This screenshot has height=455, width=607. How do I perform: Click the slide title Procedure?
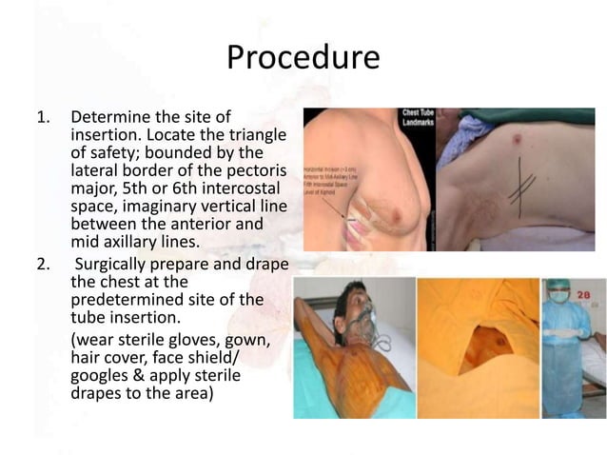point(303,58)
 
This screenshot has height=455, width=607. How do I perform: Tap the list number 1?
point(41,118)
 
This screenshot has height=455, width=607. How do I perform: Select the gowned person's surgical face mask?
point(560,296)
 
